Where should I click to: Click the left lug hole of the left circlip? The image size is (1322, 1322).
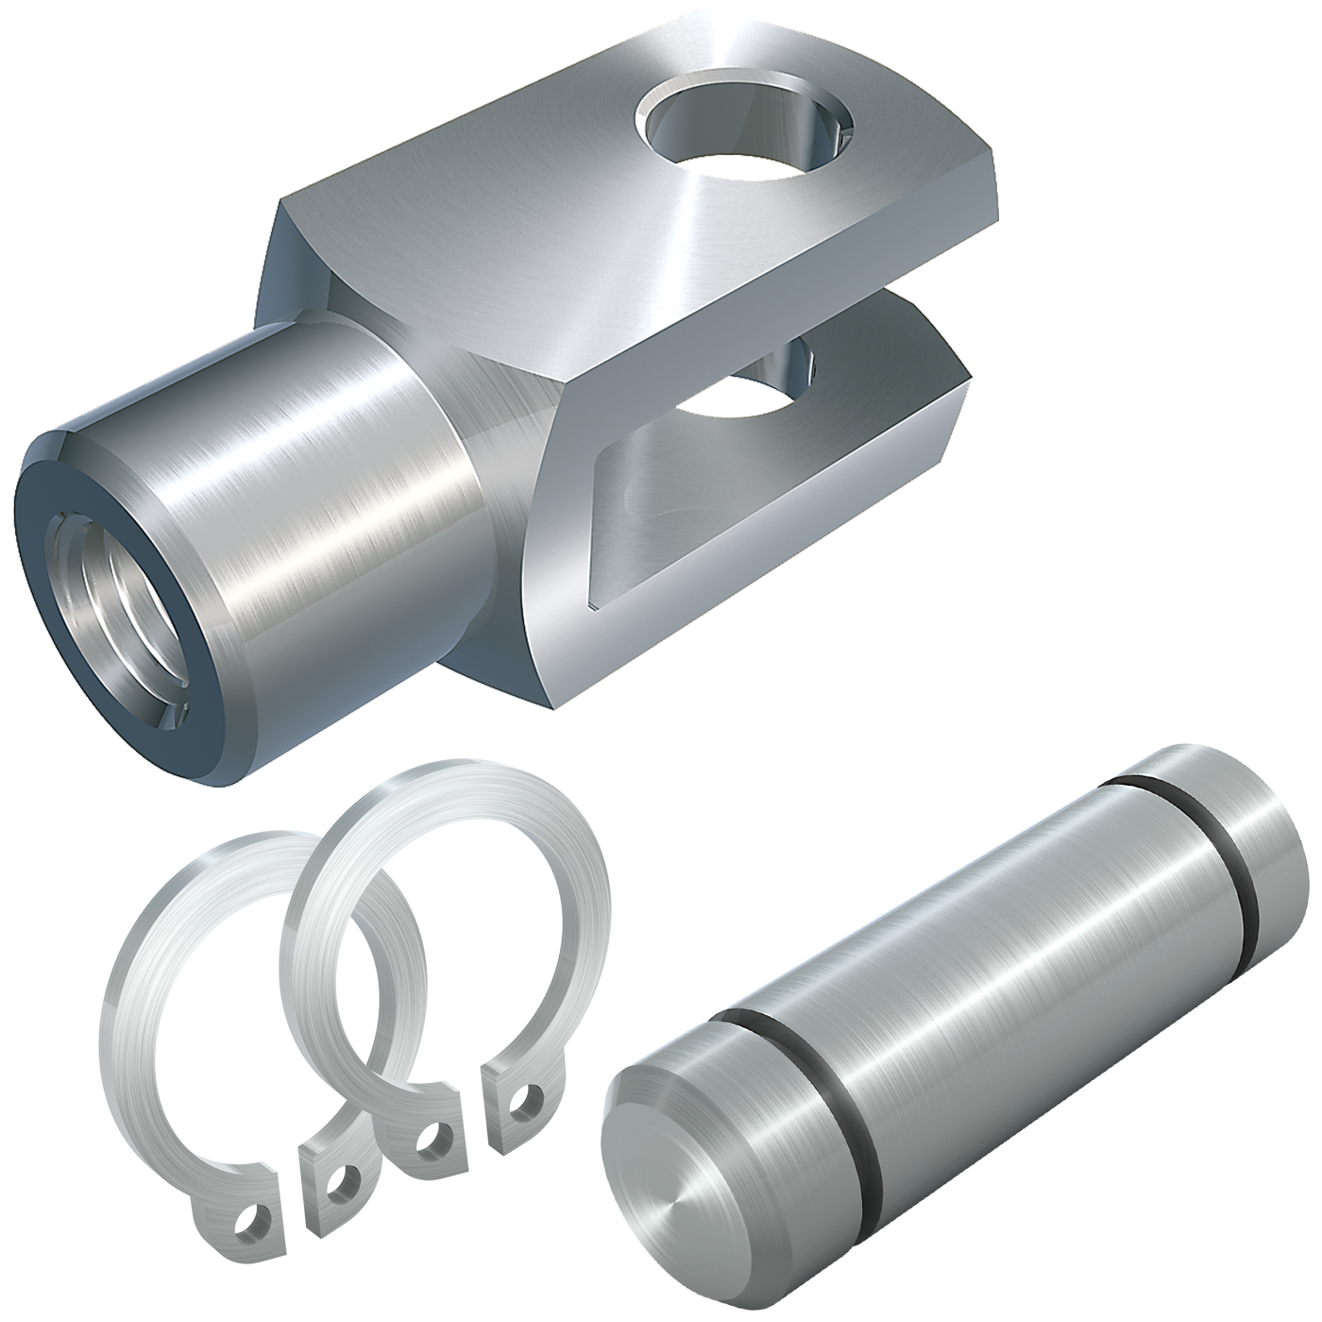tap(253, 1225)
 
